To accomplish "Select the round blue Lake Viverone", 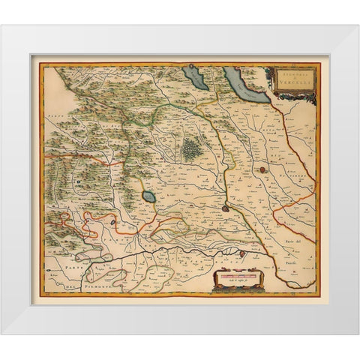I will point(148,198).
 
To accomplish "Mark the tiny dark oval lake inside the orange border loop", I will point(112,222).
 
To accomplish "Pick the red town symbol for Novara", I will point(262,170).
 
